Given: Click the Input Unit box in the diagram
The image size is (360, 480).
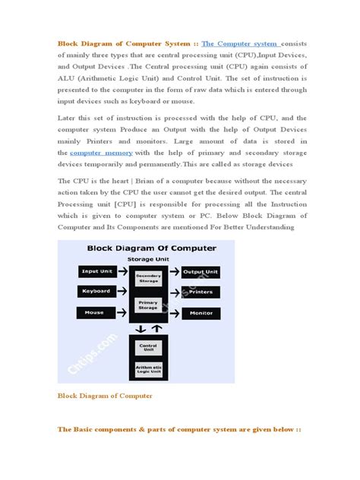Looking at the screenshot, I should click(x=96, y=271).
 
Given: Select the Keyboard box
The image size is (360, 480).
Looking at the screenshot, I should click(x=96, y=291).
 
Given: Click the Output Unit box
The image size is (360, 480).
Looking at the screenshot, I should click(x=201, y=271).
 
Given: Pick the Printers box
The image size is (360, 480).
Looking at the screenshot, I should click(x=201, y=292).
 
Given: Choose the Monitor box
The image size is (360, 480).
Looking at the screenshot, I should click(x=201, y=312).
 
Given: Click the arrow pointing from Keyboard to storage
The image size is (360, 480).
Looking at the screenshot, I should click(x=123, y=291).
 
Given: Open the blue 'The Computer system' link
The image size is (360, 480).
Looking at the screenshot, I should click(x=239, y=43).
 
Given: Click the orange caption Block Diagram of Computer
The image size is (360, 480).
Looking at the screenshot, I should click(x=105, y=396).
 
